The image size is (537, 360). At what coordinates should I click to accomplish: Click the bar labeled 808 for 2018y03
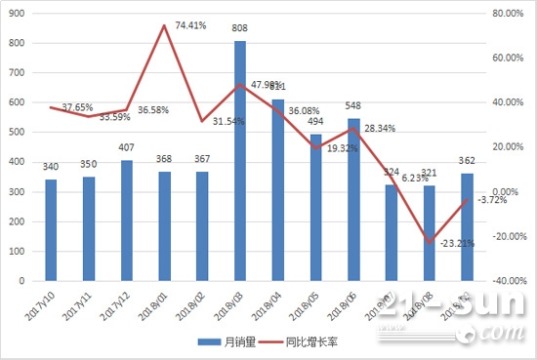pyautogui.click(x=240, y=161)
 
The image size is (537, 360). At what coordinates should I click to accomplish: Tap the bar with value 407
pyautogui.click(x=127, y=220)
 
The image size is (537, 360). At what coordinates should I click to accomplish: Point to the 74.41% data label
pyautogui.click(x=190, y=25)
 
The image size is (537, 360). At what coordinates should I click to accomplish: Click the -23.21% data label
pyautogui.click(x=457, y=244)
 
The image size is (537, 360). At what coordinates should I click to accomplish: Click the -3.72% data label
pyautogui.click(x=494, y=201)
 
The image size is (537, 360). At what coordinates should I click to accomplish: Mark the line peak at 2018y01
pyautogui.click(x=164, y=25)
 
